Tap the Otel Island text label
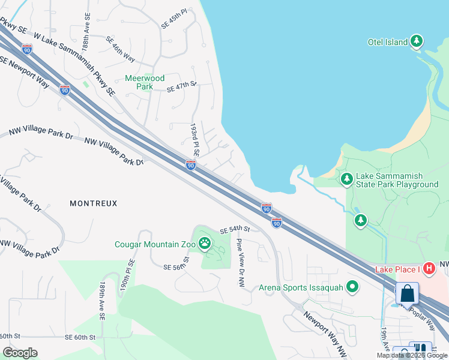(388, 42)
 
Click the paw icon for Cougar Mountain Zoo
(205, 244)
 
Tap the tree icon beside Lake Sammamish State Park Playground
(346, 179)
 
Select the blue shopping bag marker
(407, 294)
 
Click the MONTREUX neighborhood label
(94, 203)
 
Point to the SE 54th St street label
(234, 230)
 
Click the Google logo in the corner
(20, 352)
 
